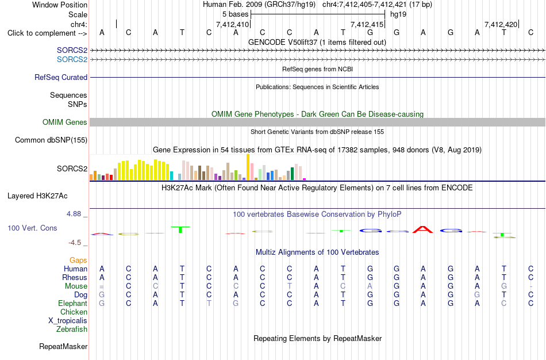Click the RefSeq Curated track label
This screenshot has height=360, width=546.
coord(60,78)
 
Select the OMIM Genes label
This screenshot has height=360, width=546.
coord(64,122)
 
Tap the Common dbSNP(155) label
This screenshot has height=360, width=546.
coord(51,140)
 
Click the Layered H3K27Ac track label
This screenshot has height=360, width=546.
coord(37,196)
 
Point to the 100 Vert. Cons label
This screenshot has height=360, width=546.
coord(32,228)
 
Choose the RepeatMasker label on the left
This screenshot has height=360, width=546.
coord(63,346)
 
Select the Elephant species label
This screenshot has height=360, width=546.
coord(72,303)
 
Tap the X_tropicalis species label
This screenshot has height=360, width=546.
coord(68,321)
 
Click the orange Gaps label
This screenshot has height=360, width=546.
coord(78,261)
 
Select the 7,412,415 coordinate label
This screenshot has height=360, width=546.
coord(367,24)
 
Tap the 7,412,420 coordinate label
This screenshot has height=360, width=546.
coord(501,24)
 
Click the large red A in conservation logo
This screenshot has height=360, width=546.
coord(423,229)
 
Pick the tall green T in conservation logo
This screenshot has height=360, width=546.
coord(180,229)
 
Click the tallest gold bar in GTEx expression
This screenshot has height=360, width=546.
coord(248,167)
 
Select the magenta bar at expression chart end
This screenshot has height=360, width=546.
coord(305,179)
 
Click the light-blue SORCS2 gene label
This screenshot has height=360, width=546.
coord(72,60)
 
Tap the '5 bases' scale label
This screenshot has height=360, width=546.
coord(236,14)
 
